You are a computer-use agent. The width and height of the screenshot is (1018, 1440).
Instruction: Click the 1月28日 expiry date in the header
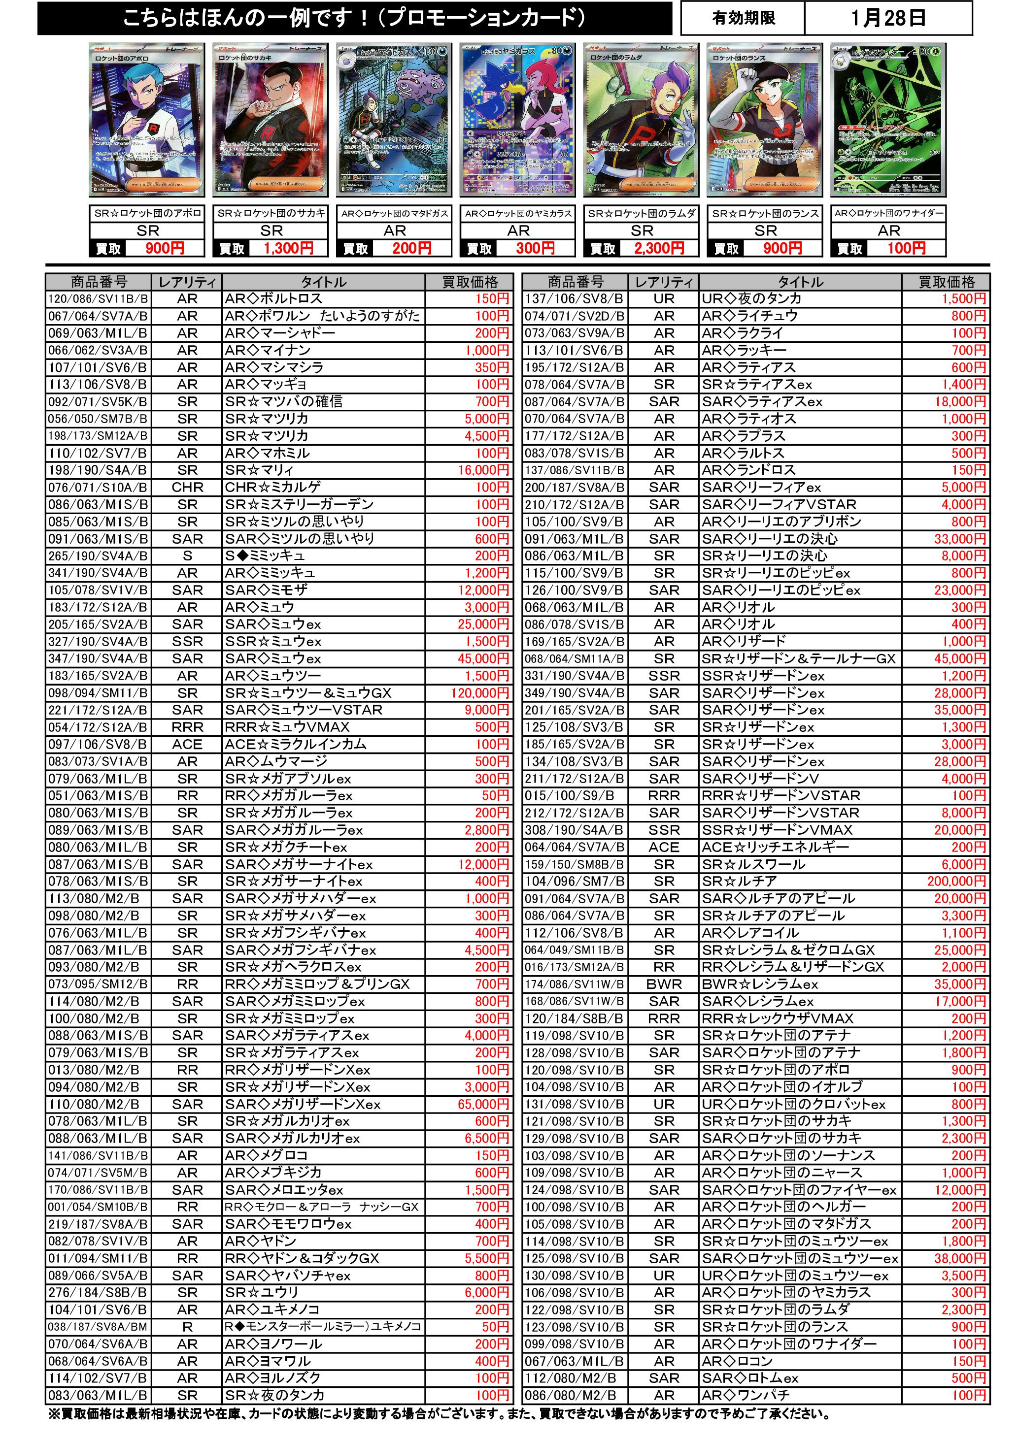pos(888,18)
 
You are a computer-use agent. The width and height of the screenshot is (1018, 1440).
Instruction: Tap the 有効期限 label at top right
pos(744,18)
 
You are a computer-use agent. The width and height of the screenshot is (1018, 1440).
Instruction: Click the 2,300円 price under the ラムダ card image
pos(658,248)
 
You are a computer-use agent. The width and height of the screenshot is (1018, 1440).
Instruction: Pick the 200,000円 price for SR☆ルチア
pos(956,881)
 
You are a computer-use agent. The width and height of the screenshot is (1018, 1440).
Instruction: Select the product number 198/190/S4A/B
pos(98,470)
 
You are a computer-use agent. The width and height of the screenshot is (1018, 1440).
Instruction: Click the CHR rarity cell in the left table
pos(187,488)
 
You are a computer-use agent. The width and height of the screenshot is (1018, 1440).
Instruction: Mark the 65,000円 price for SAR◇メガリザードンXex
pos(483,1104)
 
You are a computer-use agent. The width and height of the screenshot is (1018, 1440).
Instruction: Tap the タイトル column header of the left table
pos(323,282)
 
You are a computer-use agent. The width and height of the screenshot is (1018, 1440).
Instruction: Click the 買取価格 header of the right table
pos(947,282)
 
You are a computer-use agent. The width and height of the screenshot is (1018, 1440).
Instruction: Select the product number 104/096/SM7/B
pos(575,881)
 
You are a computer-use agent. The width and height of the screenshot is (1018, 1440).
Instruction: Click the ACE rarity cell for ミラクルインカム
pos(187,745)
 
